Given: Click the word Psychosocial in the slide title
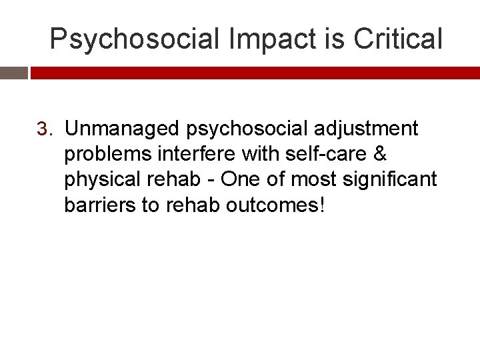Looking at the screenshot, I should [135, 39].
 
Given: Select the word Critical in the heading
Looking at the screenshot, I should [398, 39].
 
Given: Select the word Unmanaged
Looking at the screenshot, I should [122, 128].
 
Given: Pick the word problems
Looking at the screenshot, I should [107, 153].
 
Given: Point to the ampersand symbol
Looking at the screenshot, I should [380, 153].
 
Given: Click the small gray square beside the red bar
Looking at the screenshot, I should [13, 73].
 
